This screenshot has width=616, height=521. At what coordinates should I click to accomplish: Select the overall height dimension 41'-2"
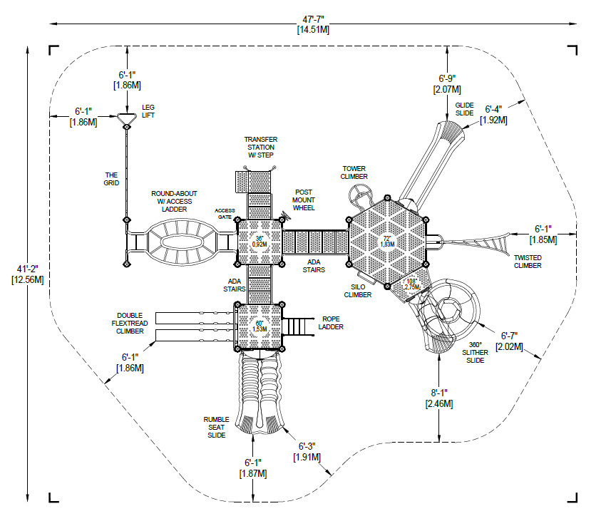(x=28, y=273)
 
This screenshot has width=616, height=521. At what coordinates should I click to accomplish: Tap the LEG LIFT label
(x=148, y=111)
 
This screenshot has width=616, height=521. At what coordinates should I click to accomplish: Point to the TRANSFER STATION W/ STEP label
(x=260, y=147)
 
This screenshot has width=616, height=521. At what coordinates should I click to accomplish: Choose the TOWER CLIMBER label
(x=354, y=172)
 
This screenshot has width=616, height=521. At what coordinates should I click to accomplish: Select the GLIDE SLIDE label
(x=465, y=109)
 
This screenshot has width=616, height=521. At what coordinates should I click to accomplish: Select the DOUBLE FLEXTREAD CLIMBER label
(x=133, y=324)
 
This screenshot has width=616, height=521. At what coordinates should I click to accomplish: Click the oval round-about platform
(x=182, y=241)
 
